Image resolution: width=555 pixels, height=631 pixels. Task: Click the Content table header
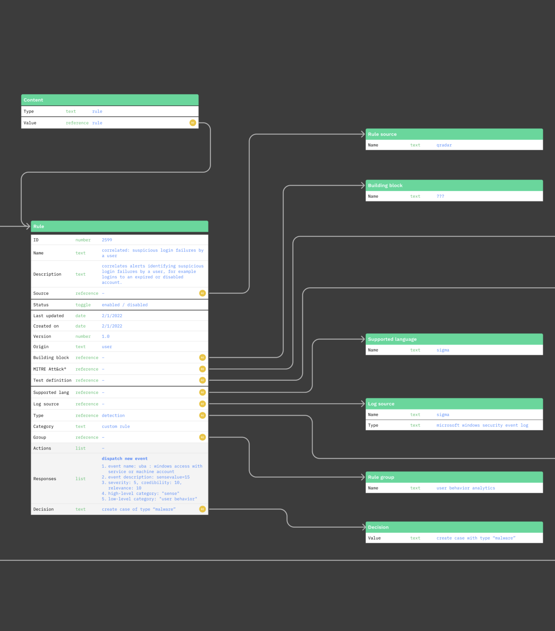coord(110,100)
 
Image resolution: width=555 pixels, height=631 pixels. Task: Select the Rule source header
coord(454,134)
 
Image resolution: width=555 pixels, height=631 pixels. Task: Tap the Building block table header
coord(454,185)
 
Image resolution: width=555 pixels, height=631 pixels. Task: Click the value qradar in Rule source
coord(444,145)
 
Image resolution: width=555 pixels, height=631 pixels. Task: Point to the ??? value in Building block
coord(440,196)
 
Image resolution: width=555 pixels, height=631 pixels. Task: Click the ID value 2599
coord(107,240)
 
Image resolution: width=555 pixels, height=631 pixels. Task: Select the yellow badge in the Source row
coord(202,293)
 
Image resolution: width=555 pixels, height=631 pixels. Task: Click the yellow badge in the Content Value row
coord(192,123)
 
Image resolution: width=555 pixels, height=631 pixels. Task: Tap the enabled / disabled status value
coord(125,305)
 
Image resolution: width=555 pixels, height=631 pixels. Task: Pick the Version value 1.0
coord(105,336)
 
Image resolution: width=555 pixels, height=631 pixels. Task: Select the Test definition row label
coord(52,380)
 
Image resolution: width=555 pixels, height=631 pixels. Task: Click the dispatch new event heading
coord(125,458)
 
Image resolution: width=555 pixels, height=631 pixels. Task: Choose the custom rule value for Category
coord(116,426)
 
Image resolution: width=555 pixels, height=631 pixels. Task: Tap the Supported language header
coord(454,339)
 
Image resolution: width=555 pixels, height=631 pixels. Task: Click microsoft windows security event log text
coord(482,425)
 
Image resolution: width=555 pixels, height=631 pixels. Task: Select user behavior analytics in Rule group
coord(466,488)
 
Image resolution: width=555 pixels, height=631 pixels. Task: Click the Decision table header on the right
coord(454,527)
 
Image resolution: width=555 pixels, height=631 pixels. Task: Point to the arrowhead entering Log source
coord(363,403)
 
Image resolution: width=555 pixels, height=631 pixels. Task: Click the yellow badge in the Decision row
coord(202,509)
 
